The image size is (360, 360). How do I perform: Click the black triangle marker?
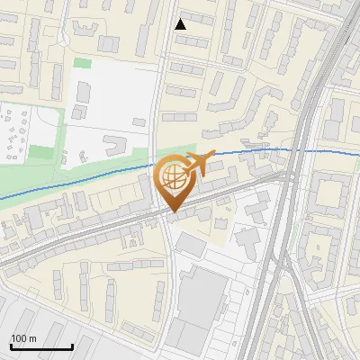180,24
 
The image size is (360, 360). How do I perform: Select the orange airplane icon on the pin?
200,164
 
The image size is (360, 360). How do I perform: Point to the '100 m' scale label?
23,338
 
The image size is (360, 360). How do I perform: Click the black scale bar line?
41,346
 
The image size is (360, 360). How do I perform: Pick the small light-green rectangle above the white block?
82,63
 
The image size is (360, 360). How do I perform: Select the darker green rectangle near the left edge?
40,153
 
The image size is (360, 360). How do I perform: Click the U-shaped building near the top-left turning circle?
85,27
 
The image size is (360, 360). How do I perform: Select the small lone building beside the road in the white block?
139,121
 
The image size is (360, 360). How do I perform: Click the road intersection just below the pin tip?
169,219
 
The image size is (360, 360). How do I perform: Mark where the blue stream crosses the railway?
304,149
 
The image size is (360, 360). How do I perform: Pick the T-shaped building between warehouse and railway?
247,239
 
